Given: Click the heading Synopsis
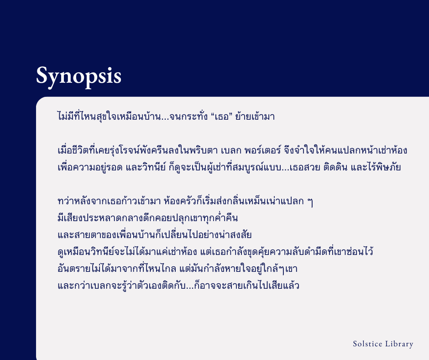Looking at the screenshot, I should (x=78, y=75).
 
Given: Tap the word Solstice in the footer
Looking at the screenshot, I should (x=367, y=344).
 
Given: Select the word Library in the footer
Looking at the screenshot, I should (x=399, y=344).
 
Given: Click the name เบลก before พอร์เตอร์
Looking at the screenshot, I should (x=220, y=150).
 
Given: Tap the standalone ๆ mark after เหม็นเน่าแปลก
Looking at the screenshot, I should (x=310, y=202).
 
